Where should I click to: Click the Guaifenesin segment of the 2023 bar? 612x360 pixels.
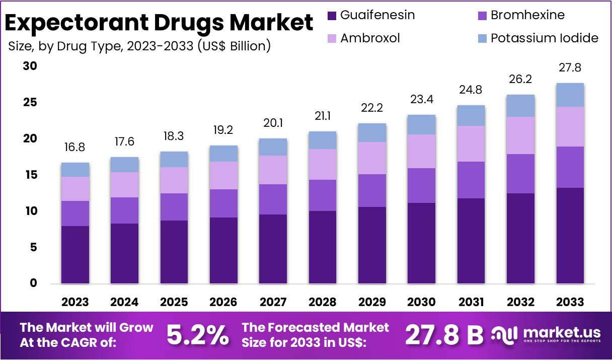click(75, 255)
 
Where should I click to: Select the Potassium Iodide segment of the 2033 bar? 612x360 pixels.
click(570, 95)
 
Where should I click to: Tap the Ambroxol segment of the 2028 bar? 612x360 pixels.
click(322, 165)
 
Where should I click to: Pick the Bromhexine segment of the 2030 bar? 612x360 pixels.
click(421, 186)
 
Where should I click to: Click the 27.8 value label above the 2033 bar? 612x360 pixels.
click(570, 67)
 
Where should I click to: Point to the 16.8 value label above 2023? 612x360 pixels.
click(75, 147)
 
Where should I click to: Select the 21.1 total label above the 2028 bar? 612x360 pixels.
click(322, 116)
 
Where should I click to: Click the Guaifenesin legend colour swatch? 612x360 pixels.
click(332, 16)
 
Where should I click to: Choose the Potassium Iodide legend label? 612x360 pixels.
click(545, 38)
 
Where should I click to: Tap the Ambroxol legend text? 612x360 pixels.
click(370, 38)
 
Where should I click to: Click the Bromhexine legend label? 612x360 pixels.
click(527, 15)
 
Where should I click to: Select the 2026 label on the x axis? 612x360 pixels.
click(223, 302)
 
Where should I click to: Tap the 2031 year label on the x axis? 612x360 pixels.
click(471, 302)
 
